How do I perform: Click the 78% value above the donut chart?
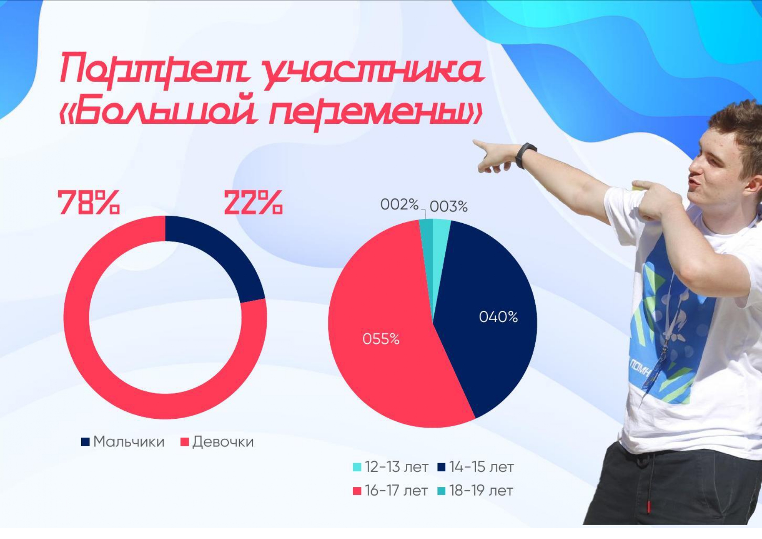89,202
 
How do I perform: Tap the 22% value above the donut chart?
253,202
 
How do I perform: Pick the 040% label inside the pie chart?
498,317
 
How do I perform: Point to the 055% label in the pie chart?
381,339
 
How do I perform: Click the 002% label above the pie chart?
399,204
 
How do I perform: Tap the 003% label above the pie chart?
449,206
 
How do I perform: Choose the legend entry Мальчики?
123,442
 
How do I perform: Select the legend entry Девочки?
217,442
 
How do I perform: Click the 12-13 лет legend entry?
391,467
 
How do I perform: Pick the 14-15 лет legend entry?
476,467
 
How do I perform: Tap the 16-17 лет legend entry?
391,491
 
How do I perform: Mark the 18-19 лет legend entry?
476,491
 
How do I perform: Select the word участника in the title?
374,72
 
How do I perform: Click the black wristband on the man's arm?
525,155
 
